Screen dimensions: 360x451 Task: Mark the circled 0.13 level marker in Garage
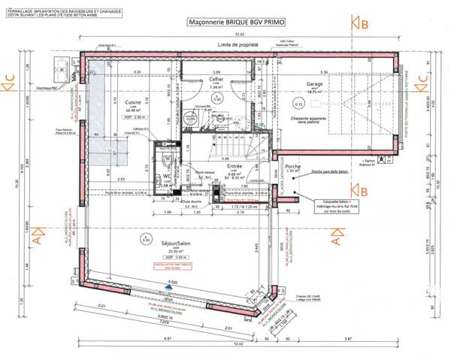point(299,104)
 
